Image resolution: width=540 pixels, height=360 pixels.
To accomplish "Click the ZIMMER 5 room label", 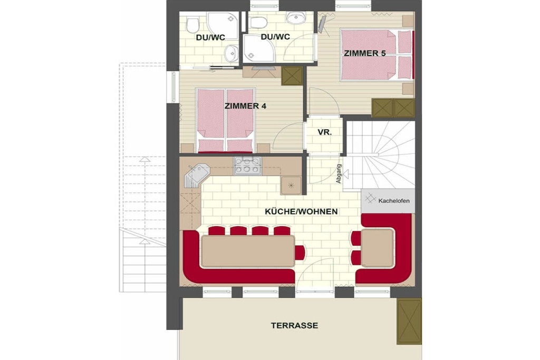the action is pyautogui.click(x=364, y=53).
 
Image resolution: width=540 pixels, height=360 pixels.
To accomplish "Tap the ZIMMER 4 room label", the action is pyautogui.click(x=245, y=106).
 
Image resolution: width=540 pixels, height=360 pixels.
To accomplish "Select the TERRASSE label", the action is pyautogui.click(x=294, y=325).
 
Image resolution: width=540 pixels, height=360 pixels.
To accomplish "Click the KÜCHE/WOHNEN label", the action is pyautogui.click(x=301, y=211).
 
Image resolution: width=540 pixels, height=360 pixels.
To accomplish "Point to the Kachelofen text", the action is pyautogui.click(x=393, y=201).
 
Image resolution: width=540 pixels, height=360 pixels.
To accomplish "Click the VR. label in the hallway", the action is pyautogui.click(x=324, y=132).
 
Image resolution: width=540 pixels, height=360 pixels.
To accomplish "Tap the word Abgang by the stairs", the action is pyautogui.click(x=339, y=173).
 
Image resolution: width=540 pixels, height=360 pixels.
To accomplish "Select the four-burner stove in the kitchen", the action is pyautogui.click(x=248, y=166).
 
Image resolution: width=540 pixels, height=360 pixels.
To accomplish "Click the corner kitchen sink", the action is pyautogui.click(x=197, y=174).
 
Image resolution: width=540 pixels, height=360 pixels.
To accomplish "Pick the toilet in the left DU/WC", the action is pyautogui.click(x=193, y=25).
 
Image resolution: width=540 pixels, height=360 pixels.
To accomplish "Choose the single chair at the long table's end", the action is pyautogui.click(x=300, y=252).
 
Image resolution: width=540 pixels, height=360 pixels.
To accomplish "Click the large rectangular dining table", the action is pyautogui.click(x=248, y=251).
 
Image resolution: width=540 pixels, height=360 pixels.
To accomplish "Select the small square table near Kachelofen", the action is pyautogui.click(x=377, y=247).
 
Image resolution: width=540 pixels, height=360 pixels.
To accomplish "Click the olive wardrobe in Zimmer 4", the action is pyautogui.click(x=292, y=76).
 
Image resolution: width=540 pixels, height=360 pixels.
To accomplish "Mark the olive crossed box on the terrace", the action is pyautogui.click(x=409, y=322).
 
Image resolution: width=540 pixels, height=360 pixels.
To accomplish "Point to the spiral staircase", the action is pyautogui.click(x=380, y=155).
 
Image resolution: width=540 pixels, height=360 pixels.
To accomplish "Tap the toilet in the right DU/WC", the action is pyautogui.click(x=258, y=23).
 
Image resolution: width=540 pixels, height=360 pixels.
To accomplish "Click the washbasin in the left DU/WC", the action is pyautogui.click(x=231, y=54).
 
